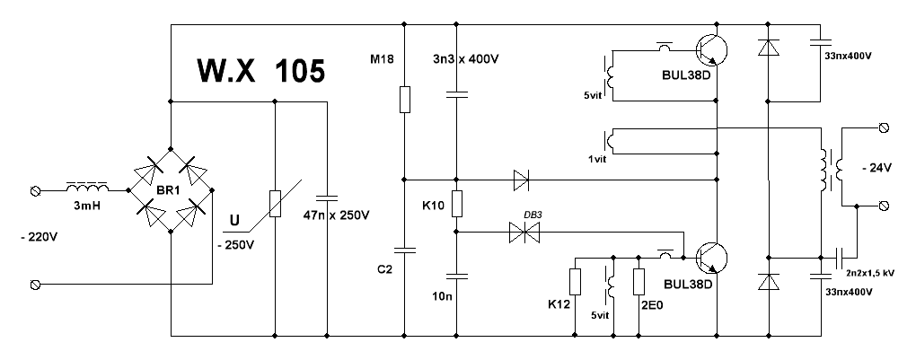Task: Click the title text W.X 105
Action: click(260, 71)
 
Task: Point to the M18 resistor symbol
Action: click(404, 99)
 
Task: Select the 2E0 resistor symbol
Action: click(638, 282)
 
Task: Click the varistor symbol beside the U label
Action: click(276, 205)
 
